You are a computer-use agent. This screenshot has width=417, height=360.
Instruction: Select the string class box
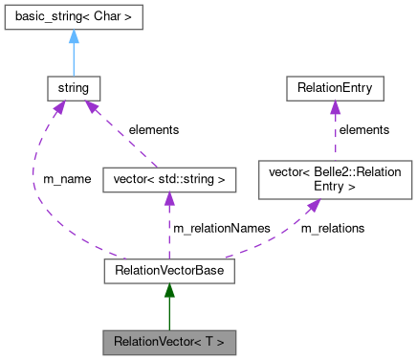pyautogui.click(x=74, y=90)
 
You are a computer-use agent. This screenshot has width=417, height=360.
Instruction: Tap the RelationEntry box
pyautogui.click(x=335, y=90)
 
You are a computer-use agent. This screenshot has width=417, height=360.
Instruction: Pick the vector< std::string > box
pyautogui.click(x=168, y=178)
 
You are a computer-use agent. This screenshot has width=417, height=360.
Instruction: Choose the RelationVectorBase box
pyautogui.click(x=168, y=273)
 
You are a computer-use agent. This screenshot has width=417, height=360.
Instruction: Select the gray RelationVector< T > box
pyautogui.click(x=168, y=341)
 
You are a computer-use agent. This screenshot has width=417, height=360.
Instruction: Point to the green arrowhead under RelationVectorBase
pyautogui.click(x=168, y=293)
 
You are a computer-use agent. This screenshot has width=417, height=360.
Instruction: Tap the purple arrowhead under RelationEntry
pyautogui.click(x=335, y=109)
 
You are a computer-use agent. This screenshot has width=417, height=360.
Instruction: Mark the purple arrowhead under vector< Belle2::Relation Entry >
pyautogui.click(x=312, y=205)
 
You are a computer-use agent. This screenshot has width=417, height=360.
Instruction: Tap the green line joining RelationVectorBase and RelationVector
pyautogui.click(x=168, y=314)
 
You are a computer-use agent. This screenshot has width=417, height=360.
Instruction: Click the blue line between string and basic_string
pyautogui.click(x=74, y=59)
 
